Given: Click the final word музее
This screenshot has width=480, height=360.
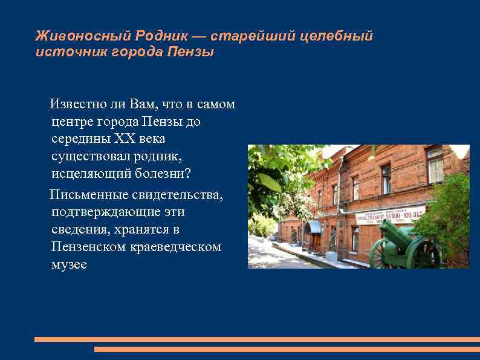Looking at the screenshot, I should pos(69,264).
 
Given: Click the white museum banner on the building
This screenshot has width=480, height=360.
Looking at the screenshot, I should pos(390,215).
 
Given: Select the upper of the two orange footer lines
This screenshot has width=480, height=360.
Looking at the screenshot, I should pos(256,339).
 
